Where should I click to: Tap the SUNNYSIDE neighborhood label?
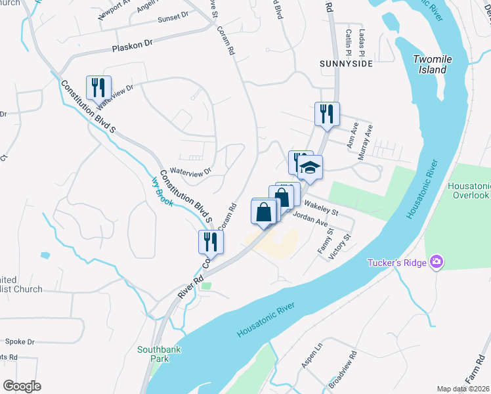pyautogui.click(x=346, y=64)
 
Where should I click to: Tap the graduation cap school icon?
pyautogui.click(x=310, y=169)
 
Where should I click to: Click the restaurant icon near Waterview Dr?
pyautogui.click(x=98, y=87)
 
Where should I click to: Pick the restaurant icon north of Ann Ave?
pyautogui.click(x=326, y=114)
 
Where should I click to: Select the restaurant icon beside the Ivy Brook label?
pyautogui.click(x=211, y=242)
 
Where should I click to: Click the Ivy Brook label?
pyautogui.click(x=162, y=191)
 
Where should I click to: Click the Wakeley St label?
pyautogui.click(x=321, y=208)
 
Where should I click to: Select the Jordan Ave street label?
pyautogui.click(x=310, y=219)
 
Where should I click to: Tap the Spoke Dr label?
pyautogui.click(x=19, y=341)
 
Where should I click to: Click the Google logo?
pyautogui.click(x=22, y=385)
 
